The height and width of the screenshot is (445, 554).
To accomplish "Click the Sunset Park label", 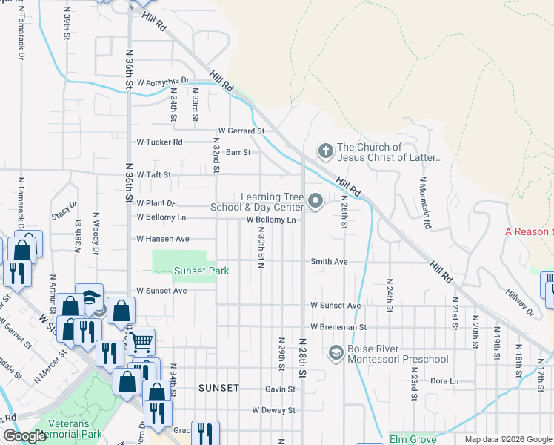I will coord(201,271).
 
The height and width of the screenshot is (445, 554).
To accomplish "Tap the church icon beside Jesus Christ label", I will coord(324,151).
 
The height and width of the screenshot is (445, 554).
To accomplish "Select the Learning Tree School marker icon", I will coord(316,201).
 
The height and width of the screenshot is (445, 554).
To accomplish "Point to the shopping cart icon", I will coord(139,342).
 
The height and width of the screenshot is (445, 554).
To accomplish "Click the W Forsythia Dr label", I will coord(163,81).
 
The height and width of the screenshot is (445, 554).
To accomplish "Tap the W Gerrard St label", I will coord(241,131).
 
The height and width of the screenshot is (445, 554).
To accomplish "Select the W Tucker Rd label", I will coord(159,142).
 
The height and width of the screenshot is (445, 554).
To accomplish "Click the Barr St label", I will coord(238,152).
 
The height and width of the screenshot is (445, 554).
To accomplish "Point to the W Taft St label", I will coord(153,175).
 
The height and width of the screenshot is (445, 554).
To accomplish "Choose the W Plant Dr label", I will coord(156,202).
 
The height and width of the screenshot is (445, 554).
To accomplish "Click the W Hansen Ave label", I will coord(163,239).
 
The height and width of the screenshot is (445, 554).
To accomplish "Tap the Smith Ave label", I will coord(329,262).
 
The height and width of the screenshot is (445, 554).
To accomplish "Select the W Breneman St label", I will coord(338,327).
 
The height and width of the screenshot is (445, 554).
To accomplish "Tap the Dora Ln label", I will coord(444,381).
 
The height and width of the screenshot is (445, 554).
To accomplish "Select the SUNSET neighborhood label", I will coord(218,388).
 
